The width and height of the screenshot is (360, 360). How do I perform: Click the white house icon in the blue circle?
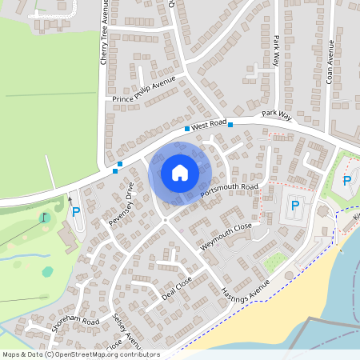click(x=180, y=172)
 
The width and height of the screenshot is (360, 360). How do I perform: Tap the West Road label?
click(x=209, y=126)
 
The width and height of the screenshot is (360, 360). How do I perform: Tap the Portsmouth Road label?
click(x=230, y=192)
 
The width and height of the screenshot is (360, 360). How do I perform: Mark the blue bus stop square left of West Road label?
click(x=187, y=128)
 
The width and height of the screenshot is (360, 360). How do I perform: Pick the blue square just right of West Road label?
click(x=230, y=124)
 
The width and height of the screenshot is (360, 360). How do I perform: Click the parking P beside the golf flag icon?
click(x=76, y=212)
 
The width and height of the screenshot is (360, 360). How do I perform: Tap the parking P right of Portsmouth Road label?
click(x=294, y=206)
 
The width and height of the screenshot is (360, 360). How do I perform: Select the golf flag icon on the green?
click(x=45, y=216)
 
